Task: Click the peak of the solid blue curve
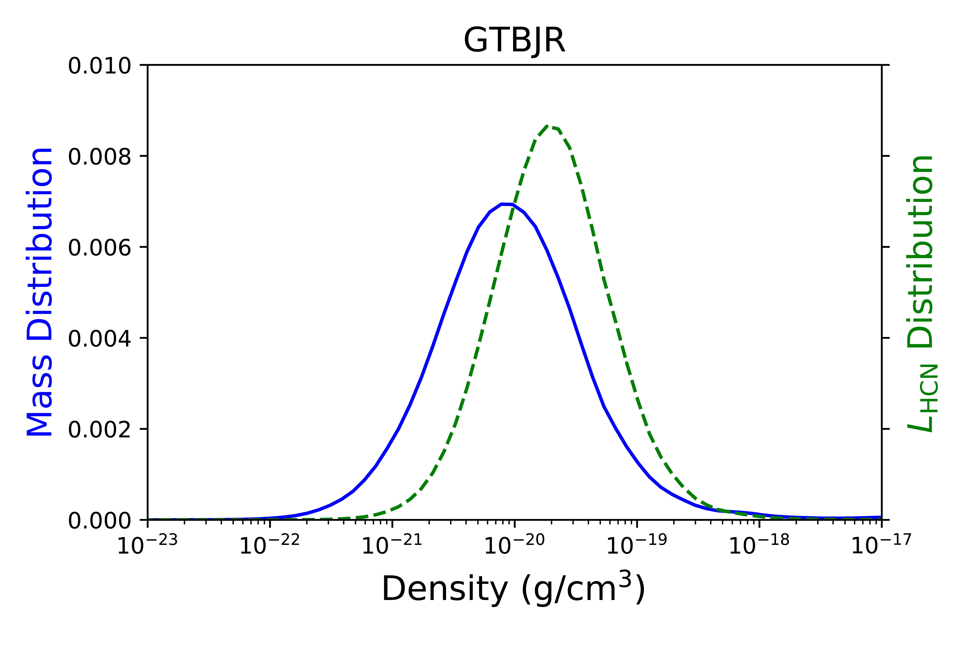[x=507, y=204]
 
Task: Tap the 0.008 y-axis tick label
[x=99, y=157]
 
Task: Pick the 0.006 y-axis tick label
[x=99, y=248]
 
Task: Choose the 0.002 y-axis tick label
[x=99, y=430]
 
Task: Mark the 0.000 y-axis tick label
[x=99, y=521]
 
